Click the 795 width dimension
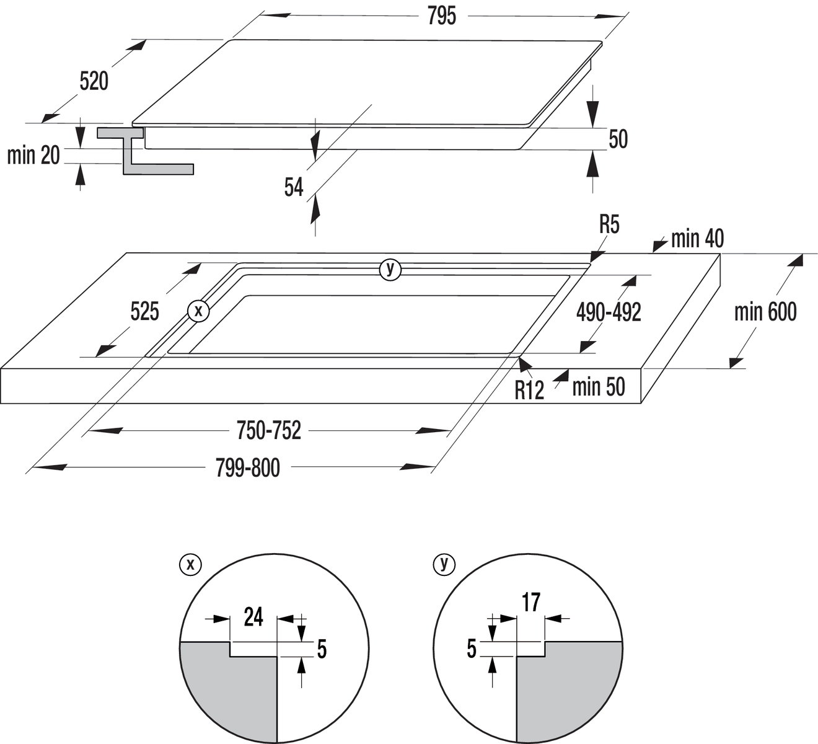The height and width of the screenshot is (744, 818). point(441,17)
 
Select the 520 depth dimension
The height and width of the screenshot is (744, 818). point(94,81)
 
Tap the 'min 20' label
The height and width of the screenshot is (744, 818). point(33,155)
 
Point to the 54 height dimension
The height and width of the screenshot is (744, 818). point(294,187)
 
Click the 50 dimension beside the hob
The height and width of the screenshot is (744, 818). point(618,139)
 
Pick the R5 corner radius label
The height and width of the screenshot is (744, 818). point(609,225)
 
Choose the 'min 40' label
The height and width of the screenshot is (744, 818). point(697,239)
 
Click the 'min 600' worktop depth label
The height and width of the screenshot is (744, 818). point(765,312)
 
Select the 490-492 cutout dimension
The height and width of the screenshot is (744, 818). point(609,312)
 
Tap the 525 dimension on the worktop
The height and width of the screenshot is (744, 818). point(144,311)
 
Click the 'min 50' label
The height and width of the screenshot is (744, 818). point(598,387)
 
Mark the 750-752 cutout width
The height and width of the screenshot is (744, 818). point(269,430)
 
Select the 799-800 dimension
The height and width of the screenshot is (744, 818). point(248,467)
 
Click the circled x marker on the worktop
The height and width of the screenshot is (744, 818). point(198,311)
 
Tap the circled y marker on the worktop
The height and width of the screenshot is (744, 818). point(390,268)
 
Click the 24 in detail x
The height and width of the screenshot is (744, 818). point(253,618)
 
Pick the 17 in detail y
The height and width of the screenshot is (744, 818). point(531,602)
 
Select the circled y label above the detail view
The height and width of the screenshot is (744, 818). point(444,564)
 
